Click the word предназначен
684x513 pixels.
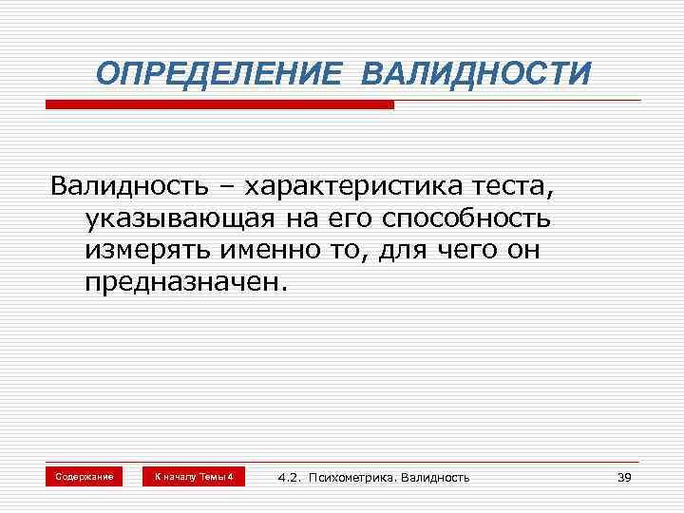[183, 284]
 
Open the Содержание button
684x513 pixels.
[84, 476]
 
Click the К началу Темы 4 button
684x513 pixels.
[194, 476]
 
